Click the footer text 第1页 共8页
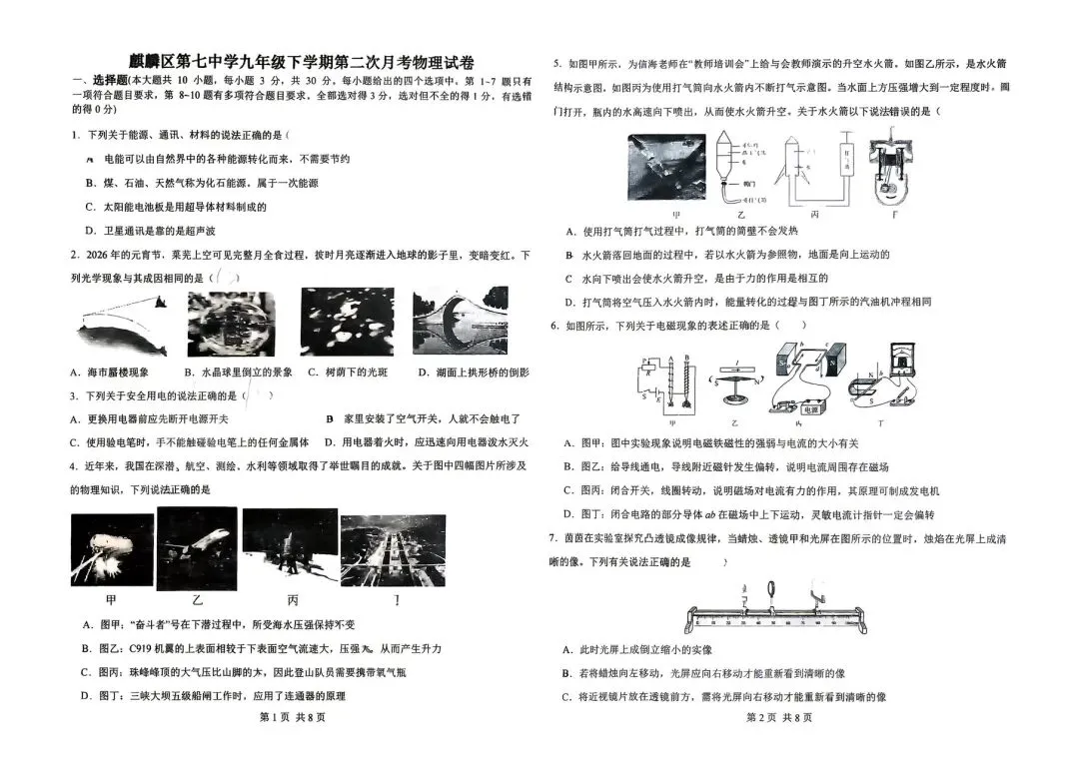pyautogui.click(x=292, y=717)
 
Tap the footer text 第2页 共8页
pyautogui.click(x=778, y=717)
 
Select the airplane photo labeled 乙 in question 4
pyautogui.click(x=197, y=548)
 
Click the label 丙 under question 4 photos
pyautogui.click(x=292, y=600)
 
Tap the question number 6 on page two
pyautogui.click(x=553, y=326)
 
